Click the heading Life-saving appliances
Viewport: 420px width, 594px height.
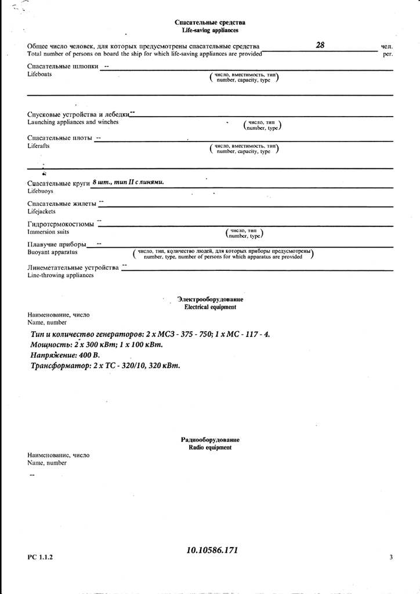[209, 30]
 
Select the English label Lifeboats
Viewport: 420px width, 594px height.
[39, 75]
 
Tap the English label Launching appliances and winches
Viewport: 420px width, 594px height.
[73, 122]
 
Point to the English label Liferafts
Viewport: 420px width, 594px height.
[38, 146]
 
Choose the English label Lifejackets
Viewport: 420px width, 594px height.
[41, 212]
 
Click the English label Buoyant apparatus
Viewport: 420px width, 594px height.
[52, 252]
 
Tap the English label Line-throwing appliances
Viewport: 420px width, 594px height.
[60, 276]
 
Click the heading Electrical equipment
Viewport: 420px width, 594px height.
[210, 307]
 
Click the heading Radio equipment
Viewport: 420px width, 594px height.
[210, 448]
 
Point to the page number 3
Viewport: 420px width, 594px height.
[391, 558]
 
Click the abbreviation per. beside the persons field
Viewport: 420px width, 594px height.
[388, 54]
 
